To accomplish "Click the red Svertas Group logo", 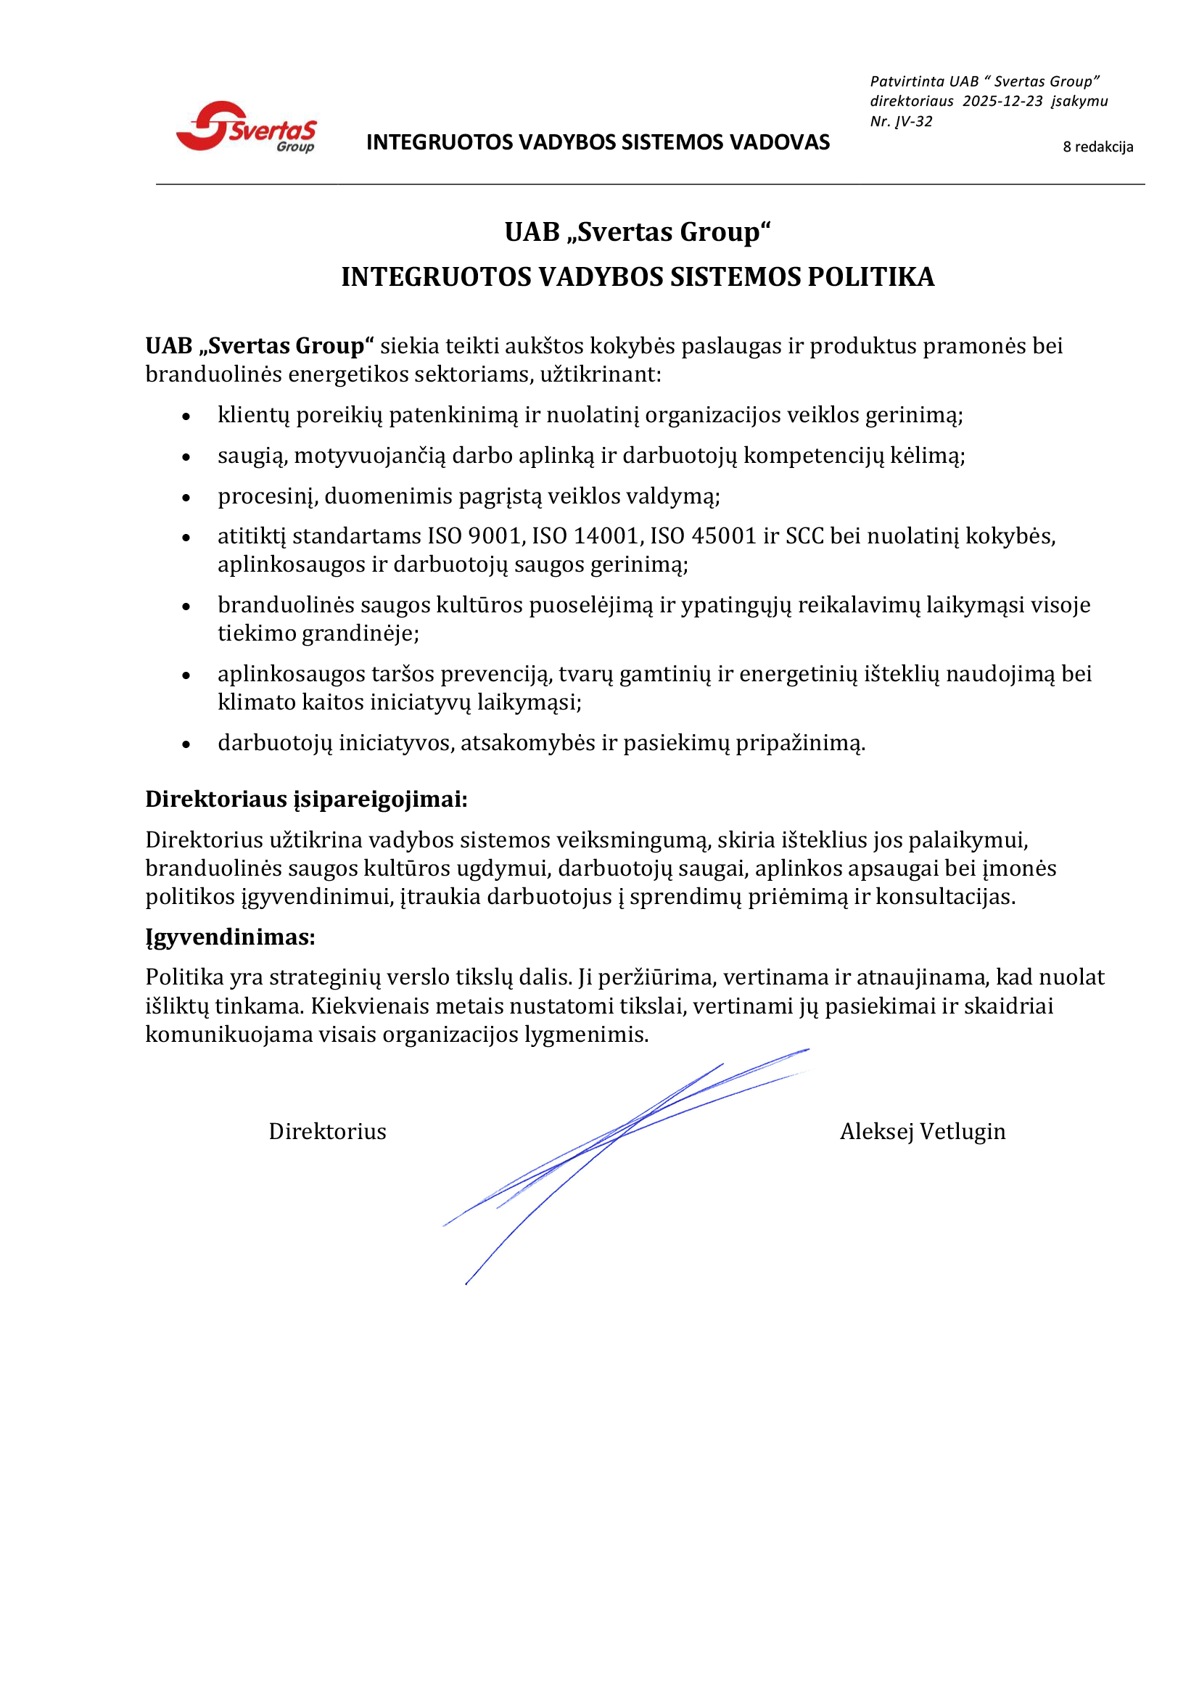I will pos(246,127).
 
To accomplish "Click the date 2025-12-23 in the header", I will pos(1002,102).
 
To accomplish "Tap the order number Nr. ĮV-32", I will pos(901,121).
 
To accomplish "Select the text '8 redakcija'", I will pos(1097,147).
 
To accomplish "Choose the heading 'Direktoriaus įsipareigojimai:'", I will pos(306,800).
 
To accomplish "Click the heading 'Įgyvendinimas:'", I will pos(230,937).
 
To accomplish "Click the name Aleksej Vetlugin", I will pos(922,1132).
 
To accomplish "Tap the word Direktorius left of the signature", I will pos(327,1132).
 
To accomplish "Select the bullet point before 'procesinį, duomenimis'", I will pos(186,498).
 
